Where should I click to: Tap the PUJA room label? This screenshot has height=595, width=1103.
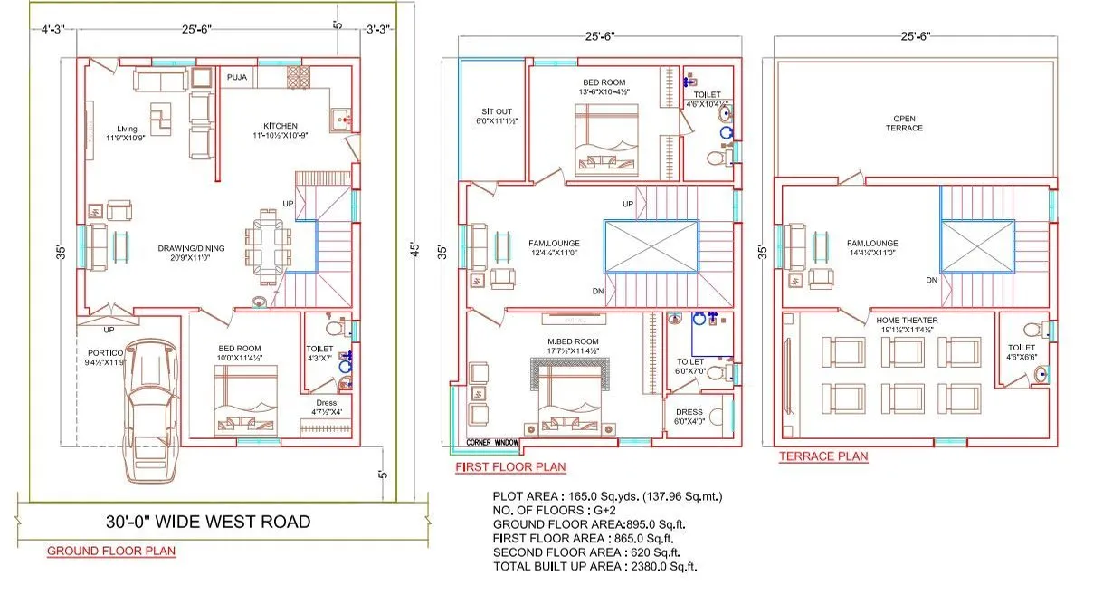pyautogui.click(x=237, y=77)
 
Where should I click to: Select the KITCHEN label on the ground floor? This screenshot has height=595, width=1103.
pyautogui.click(x=280, y=126)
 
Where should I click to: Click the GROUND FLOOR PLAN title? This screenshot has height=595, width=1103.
pyautogui.click(x=111, y=551)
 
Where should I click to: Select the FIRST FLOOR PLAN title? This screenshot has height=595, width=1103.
pyautogui.click(x=510, y=467)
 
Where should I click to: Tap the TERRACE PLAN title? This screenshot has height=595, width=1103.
pyautogui.click(x=823, y=457)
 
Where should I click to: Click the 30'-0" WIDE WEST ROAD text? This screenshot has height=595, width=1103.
pyautogui.click(x=206, y=522)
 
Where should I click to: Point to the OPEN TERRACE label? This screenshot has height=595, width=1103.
pyautogui.click(x=904, y=123)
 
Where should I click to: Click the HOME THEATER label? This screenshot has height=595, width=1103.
pyautogui.click(x=907, y=320)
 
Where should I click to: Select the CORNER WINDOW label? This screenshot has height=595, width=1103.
pyautogui.click(x=494, y=443)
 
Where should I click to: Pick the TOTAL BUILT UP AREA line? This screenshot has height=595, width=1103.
pyautogui.click(x=595, y=566)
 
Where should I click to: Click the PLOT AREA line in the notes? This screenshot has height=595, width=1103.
pyautogui.click(x=606, y=496)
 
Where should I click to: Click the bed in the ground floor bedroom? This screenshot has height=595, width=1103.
pyautogui.click(x=246, y=406)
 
